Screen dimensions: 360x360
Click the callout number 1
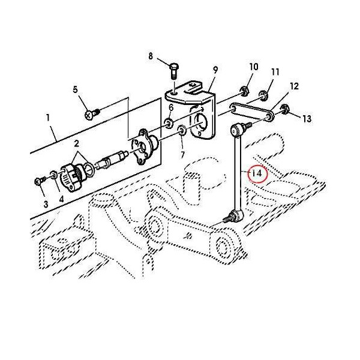click(48, 118)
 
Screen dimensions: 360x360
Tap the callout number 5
click(76, 89)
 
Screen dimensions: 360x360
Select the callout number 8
click(151, 56)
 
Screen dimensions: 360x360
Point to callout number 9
click(215, 70)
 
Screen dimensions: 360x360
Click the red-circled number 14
click(257, 174)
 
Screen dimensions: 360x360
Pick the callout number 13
click(307, 119)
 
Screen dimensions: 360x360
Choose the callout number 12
click(294, 86)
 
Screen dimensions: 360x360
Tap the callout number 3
click(46, 204)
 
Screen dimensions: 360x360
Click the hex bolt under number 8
click(174, 71)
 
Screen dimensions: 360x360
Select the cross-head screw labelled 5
click(91, 113)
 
